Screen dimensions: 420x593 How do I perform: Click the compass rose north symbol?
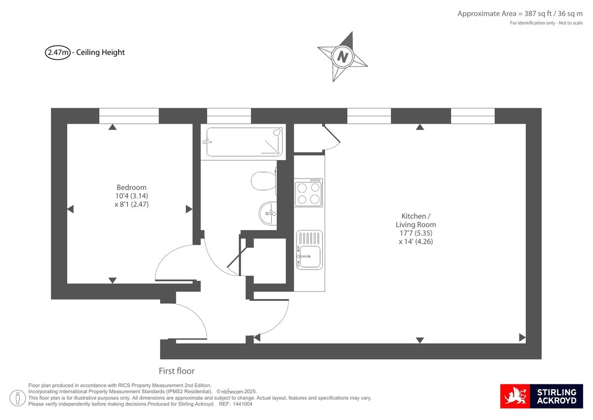click(342, 56)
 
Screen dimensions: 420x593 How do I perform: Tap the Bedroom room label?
click(131, 187)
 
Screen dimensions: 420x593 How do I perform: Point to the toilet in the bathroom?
click(263, 181)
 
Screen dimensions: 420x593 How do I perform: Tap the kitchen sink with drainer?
click(309, 250)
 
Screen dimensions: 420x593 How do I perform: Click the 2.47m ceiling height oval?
click(58, 52)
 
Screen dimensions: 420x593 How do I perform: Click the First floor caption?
click(176, 371)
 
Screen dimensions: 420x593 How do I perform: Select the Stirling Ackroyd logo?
click(542, 396)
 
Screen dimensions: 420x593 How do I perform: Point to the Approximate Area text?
click(520, 14)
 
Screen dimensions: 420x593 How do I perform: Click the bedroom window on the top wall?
click(129, 116)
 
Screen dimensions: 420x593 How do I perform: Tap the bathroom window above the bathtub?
click(229, 116)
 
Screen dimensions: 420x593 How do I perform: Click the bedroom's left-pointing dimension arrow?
click(70, 209)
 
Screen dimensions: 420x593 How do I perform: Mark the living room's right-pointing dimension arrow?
click(522, 338)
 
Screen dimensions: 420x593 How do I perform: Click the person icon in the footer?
click(18, 397)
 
